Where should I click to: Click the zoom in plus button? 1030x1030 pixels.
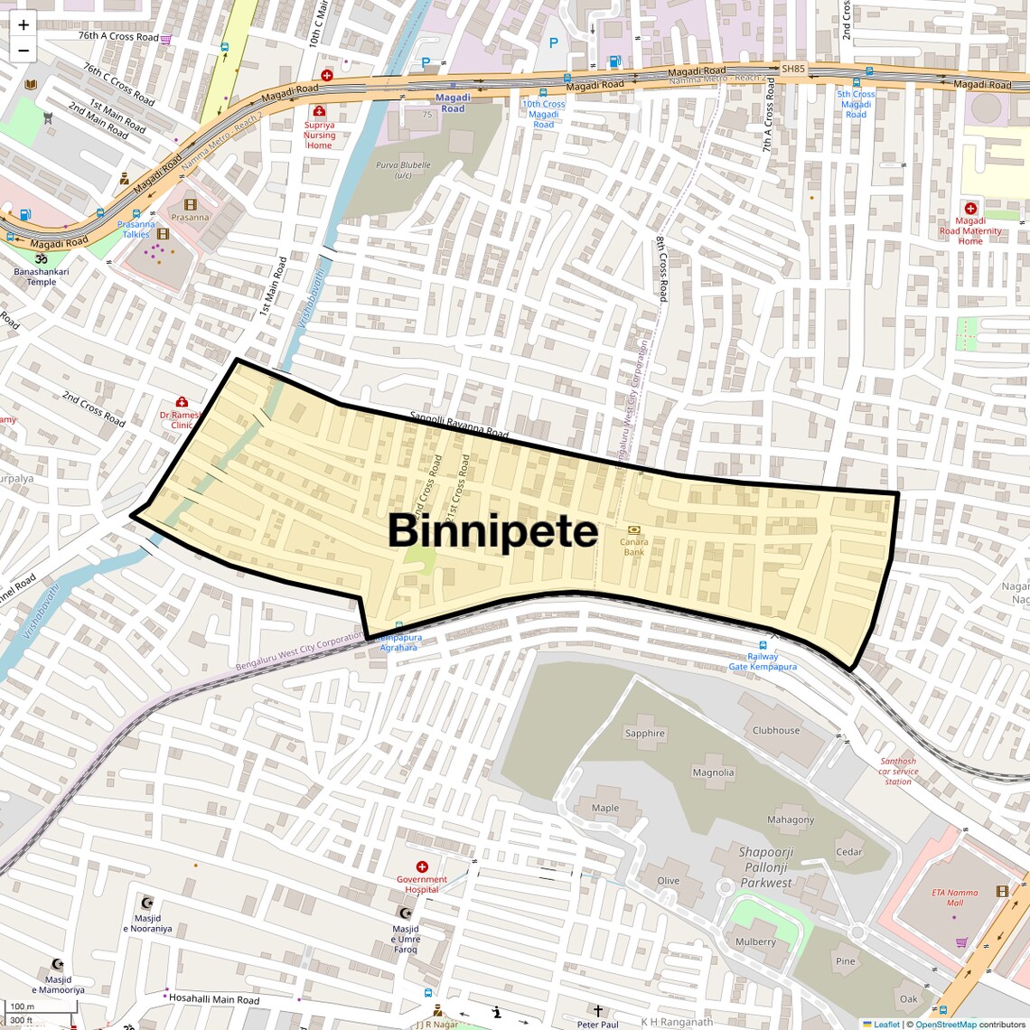tap(23, 25)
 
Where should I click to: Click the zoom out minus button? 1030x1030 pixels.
tap(23, 51)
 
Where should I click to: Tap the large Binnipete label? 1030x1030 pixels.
tap(492, 531)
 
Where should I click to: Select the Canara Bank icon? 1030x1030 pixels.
tap(633, 529)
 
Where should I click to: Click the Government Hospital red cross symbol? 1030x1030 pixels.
tap(421, 866)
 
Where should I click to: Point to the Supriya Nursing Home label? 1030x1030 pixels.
tap(319, 135)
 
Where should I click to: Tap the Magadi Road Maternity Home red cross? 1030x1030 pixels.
tap(970, 209)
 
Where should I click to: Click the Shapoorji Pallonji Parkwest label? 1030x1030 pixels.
tap(765, 867)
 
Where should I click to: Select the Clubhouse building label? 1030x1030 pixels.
tap(776, 730)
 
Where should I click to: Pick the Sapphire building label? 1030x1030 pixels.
tap(644, 734)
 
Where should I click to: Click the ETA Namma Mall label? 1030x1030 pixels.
tap(955, 897)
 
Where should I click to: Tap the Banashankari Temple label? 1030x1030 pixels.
tap(41, 276)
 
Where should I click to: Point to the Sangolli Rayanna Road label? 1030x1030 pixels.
tap(459, 425)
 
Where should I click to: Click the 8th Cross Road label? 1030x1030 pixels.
tap(662, 268)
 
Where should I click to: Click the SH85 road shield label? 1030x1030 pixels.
tap(792, 69)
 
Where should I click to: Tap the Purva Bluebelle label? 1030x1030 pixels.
tap(403, 170)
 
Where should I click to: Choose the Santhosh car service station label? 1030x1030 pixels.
tap(898, 771)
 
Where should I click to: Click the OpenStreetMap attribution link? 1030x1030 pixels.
tap(946, 1024)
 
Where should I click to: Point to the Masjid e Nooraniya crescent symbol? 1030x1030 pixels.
tap(148, 903)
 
